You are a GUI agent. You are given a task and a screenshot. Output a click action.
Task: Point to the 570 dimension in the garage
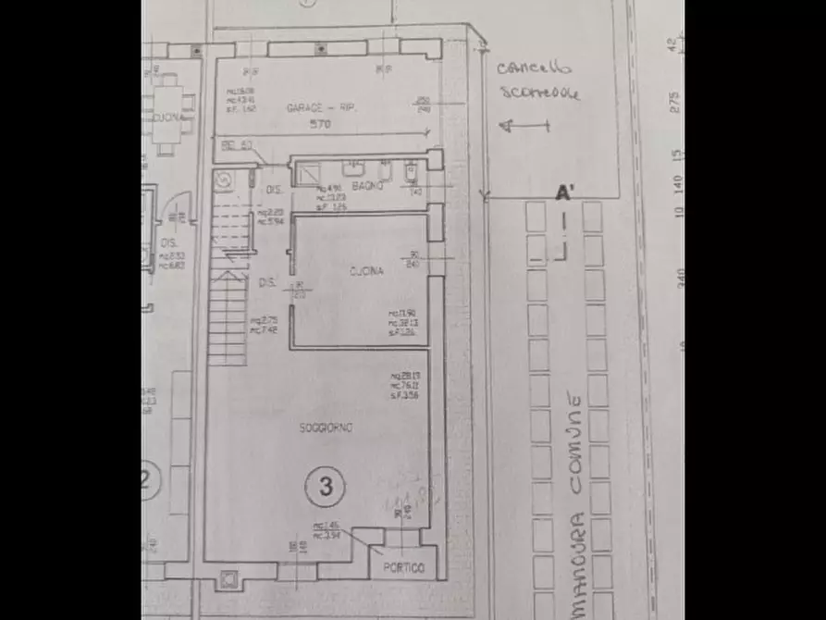(x=321, y=124)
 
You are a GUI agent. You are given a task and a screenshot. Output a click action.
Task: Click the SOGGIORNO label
(x=326, y=427)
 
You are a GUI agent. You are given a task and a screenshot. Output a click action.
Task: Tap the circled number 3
(x=325, y=486)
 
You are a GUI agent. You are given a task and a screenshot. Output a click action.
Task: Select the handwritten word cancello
(x=535, y=67)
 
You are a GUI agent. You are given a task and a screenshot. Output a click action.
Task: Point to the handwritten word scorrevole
(x=540, y=93)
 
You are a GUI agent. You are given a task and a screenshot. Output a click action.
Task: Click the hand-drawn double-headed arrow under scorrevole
(x=523, y=125)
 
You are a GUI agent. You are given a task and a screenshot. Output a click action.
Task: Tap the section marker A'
(x=563, y=194)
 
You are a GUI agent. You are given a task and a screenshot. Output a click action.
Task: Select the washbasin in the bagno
(x=353, y=168)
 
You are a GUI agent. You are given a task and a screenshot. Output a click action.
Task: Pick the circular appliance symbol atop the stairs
(x=223, y=180)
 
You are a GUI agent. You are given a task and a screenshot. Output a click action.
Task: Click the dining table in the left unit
(x=167, y=115)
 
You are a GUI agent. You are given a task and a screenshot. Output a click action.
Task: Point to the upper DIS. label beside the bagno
(x=274, y=191)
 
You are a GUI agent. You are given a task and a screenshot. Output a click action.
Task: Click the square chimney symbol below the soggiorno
(x=228, y=581)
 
